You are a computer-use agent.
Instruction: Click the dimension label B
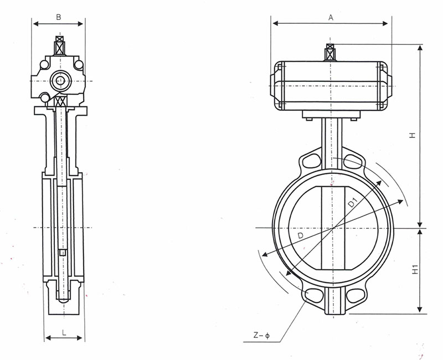[x=59, y=17]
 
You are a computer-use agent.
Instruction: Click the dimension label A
[x=331, y=18]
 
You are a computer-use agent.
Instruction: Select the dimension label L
[x=64, y=333]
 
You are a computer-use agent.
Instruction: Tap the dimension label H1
[x=414, y=269]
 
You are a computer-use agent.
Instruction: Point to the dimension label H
[x=413, y=135]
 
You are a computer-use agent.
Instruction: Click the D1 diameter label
[x=353, y=203]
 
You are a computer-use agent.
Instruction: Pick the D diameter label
[x=301, y=235]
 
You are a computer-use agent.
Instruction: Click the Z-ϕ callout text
[x=261, y=336]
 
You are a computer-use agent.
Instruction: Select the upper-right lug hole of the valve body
[x=353, y=161]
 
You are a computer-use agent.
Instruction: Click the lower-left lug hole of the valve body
[x=314, y=295]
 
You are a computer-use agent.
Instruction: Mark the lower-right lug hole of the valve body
[x=355, y=295]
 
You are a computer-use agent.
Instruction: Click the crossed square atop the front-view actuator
[x=330, y=47]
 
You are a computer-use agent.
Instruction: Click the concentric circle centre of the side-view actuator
[x=60, y=81]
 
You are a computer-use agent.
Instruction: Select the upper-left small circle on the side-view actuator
[x=44, y=65]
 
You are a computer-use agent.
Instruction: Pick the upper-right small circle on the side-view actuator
[x=79, y=65]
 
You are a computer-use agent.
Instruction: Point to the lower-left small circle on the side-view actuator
[x=45, y=98]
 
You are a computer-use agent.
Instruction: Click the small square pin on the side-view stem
[x=62, y=253]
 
